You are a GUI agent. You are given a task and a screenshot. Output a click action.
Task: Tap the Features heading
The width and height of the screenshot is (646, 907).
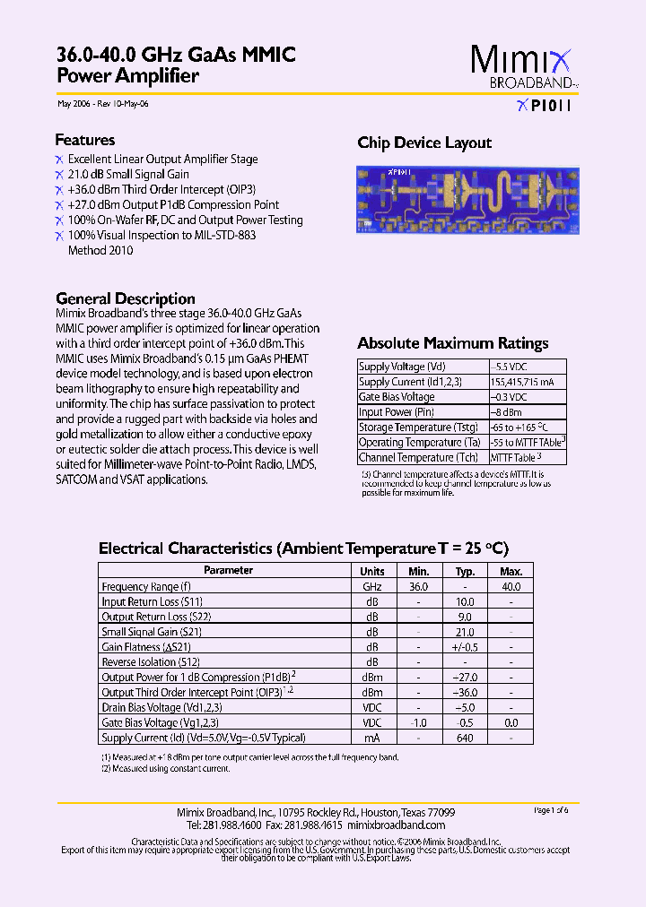click(85, 140)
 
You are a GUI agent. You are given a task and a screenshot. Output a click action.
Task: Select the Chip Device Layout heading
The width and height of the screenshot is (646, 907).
click(424, 143)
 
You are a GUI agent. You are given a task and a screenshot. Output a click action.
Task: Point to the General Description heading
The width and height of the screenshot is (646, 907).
click(126, 298)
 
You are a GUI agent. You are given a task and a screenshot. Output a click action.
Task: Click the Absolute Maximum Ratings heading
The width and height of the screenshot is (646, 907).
click(452, 343)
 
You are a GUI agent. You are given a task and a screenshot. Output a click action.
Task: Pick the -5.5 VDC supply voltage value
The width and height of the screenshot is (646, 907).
click(510, 367)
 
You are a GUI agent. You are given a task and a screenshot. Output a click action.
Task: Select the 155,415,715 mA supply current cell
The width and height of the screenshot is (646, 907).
click(521, 382)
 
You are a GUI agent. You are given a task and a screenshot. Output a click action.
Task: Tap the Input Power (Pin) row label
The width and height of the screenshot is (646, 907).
click(397, 412)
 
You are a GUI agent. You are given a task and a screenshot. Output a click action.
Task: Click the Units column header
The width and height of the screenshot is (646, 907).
click(372, 571)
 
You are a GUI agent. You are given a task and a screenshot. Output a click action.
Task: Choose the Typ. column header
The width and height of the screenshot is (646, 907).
click(465, 571)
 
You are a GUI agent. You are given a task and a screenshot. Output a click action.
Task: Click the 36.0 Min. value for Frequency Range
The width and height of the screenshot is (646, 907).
click(419, 586)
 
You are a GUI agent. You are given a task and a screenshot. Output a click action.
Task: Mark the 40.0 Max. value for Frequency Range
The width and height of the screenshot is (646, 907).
click(511, 586)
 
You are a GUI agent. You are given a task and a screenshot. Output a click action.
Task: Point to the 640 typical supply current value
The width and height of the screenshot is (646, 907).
click(465, 738)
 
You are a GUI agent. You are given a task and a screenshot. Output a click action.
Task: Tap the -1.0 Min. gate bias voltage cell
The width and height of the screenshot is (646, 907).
click(419, 722)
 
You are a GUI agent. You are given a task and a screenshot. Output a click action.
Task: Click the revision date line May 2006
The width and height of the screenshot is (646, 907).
click(103, 104)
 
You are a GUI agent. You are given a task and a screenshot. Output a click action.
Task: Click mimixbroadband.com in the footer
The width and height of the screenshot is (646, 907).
click(396, 825)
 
